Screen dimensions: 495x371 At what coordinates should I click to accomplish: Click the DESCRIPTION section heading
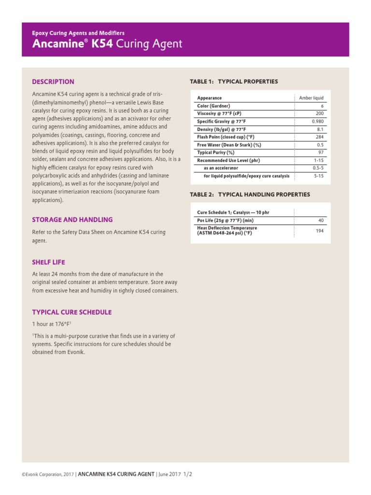(53, 82)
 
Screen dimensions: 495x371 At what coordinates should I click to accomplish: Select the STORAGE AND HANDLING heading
(72, 219)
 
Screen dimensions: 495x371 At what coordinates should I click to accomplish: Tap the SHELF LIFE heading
(48, 262)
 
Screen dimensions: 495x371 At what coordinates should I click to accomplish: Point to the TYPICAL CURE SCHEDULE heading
(71, 312)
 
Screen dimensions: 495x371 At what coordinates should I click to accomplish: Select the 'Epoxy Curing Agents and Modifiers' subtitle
(78, 33)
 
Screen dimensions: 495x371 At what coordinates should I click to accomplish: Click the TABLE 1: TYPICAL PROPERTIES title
(234, 81)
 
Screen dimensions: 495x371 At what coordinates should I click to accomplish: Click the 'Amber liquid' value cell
(311, 98)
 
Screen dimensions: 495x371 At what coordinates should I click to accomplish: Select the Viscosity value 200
(319, 114)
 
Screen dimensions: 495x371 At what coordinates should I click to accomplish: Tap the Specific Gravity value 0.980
(317, 121)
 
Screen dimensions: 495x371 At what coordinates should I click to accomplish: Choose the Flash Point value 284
(319, 137)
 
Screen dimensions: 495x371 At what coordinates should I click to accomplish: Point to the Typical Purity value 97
(321, 152)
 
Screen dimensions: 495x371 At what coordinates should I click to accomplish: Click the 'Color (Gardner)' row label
(214, 105)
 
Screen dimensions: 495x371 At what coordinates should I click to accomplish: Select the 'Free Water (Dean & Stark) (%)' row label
(229, 145)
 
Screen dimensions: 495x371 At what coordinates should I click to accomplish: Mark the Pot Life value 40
(321, 220)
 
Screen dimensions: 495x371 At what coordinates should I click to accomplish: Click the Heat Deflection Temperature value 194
(319, 231)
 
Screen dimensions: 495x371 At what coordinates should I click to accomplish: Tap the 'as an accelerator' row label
(221, 168)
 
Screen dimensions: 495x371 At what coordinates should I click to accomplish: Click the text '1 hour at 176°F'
(51, 324)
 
